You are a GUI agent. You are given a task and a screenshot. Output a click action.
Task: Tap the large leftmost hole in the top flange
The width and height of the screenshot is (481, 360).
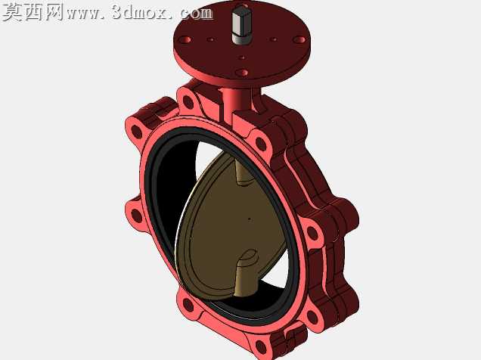tap(185, 40)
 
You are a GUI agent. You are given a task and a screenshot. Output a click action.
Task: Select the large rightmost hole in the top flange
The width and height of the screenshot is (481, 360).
tap(299, 39)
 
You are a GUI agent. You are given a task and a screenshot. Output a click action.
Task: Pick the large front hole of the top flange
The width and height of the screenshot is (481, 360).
tap(242, 73)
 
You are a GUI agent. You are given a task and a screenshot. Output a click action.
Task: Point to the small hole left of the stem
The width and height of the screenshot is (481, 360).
tap(210, 39)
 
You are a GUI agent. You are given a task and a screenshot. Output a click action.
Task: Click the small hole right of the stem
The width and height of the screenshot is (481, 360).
tap(273, 39)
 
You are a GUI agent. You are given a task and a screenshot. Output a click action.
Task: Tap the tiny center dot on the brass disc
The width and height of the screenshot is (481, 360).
tap(250, 219)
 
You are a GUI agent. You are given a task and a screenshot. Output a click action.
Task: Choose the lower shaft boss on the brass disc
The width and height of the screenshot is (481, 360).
tap(245, 273)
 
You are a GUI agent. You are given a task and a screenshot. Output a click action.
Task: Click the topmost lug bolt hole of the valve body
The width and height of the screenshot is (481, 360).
tap(188, 102)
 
